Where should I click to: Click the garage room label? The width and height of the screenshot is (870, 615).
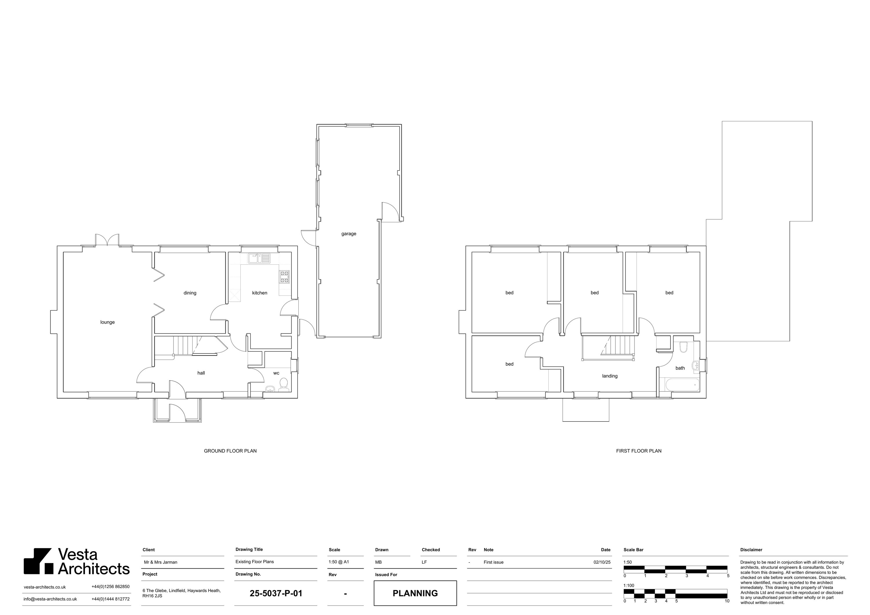click(349, 234)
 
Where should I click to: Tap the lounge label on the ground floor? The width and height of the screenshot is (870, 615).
click(108, 322)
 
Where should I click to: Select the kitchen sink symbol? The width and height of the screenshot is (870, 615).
click(260, 258)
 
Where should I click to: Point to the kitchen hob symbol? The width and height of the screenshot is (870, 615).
click(284, 277)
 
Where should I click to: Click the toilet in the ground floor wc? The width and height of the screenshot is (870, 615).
click(283, 385)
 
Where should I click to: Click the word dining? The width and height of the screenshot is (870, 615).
click(190, 293)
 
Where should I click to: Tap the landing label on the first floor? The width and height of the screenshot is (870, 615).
click(610, 376)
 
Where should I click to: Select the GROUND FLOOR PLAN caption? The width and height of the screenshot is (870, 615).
click(230, 451)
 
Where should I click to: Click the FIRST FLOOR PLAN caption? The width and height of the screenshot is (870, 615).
click(639, 451)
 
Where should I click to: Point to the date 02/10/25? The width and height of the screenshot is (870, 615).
click(602, 562)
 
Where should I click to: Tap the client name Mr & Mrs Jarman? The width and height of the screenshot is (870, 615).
click(161, 562)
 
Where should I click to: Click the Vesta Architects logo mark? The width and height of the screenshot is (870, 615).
click(38, 561)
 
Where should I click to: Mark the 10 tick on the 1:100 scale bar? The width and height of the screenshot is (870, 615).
click(727, 601)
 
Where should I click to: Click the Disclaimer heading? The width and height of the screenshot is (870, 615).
click(751, 550)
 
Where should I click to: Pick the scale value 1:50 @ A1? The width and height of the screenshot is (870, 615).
click(339, 562)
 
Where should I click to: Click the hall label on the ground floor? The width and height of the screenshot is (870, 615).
click(201, 373)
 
